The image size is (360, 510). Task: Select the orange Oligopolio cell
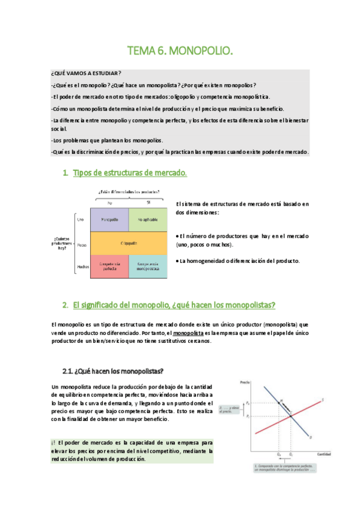coord(128,244)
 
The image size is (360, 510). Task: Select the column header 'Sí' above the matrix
coord(148,203)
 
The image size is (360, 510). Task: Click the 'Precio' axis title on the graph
coord(245,382)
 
